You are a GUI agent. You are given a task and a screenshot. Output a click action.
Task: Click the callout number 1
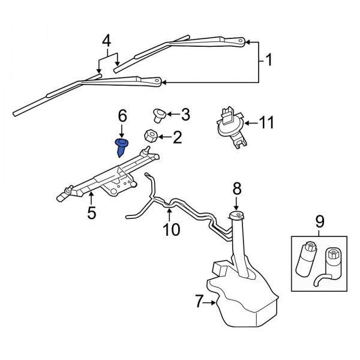[x=268, y=60]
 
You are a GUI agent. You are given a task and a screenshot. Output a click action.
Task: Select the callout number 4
[x=106, y=42]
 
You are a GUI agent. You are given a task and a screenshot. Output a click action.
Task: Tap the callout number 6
[x=122, y=114]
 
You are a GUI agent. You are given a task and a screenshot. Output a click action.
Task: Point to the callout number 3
[x=185, y=113]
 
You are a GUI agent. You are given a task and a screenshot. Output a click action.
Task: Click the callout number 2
[x=176, y=138]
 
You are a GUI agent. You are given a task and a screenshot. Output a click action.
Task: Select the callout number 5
[x=91, y=212]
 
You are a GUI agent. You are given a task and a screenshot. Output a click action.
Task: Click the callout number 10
[x=171, y=229]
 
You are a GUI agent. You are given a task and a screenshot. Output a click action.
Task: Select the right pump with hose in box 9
[x=329, y=264]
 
